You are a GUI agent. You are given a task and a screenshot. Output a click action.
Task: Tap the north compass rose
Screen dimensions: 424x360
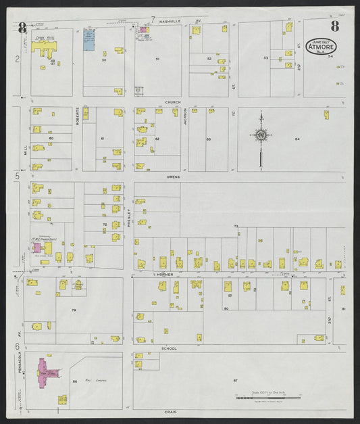point(261,135)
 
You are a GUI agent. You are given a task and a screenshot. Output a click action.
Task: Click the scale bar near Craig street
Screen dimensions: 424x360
point(269,398)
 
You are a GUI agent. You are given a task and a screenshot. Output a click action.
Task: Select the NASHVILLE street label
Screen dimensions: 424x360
point(170,21)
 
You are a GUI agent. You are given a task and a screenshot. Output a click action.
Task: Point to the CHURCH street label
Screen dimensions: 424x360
point(174,103)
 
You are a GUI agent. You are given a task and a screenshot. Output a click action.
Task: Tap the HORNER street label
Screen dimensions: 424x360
point(164,275)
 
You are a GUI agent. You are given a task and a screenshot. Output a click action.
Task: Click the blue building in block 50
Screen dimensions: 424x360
point(88,39)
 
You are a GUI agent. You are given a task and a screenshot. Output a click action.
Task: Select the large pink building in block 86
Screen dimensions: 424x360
point(45,371)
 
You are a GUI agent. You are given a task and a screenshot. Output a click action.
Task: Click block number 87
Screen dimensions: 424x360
point(236,381)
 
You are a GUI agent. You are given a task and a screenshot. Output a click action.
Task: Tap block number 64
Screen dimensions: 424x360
point(297,139)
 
